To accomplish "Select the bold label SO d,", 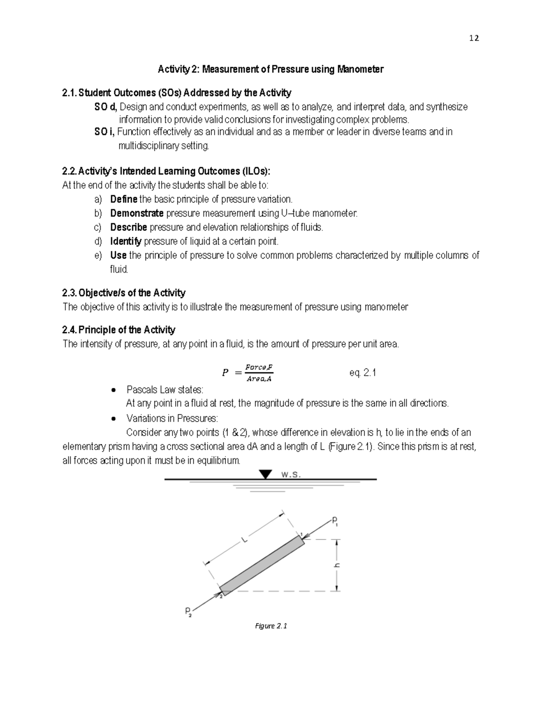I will point(106,107).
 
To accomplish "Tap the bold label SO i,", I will point(105,132).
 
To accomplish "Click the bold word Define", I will point(124,199).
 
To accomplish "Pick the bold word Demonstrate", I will point(137,213).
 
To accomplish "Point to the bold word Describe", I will point(128,227).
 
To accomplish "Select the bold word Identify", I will point(126,241).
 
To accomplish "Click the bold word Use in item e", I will point(118,255).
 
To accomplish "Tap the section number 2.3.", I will point(69,293).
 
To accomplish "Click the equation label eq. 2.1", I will point(363,373).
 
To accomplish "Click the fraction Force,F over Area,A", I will point(259,373).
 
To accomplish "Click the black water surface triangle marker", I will point(266,474).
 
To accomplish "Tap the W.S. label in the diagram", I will point(290,474).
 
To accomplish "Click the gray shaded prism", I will point(262,564).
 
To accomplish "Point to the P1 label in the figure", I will point(335,522).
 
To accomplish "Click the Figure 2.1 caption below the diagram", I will point(271,626).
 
